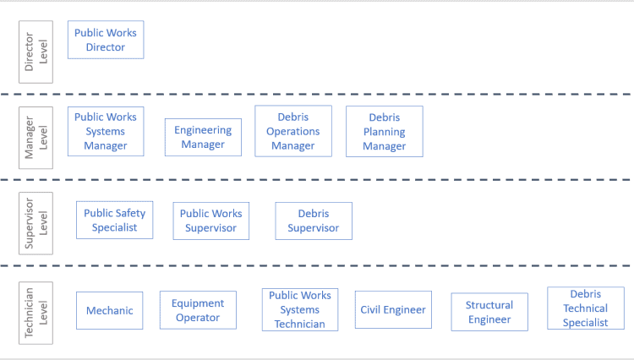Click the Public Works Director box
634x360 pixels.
106,40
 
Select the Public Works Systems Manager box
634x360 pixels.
106,131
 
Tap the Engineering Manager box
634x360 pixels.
203,137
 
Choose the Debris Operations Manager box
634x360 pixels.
293,131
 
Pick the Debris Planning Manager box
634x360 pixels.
385,131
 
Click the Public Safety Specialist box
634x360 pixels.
115,220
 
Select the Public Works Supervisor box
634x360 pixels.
211,221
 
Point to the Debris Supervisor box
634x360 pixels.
314,221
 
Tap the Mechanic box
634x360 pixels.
110,310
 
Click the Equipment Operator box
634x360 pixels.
198,310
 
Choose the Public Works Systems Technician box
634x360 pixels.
300,309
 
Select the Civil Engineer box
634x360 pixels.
393,310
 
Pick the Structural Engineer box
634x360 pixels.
489,312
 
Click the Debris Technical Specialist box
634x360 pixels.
585,308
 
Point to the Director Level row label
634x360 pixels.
36,52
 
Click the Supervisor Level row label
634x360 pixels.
36,223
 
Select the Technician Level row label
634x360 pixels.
36,313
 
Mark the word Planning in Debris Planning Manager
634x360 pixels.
385,132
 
